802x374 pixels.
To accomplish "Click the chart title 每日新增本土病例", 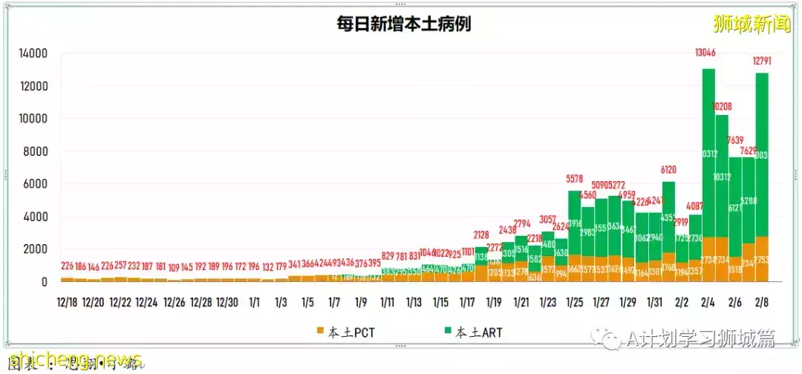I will click(x=403, y=24).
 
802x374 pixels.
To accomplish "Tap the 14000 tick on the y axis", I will click(x=33, y=53).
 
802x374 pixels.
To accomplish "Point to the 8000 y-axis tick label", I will click(x=36, y=151).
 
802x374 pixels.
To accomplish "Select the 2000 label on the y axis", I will click(x=36, y=249).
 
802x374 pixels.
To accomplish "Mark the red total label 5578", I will click(x=575, y=179).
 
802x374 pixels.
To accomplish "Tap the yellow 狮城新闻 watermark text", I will click(x=751, y=24).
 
